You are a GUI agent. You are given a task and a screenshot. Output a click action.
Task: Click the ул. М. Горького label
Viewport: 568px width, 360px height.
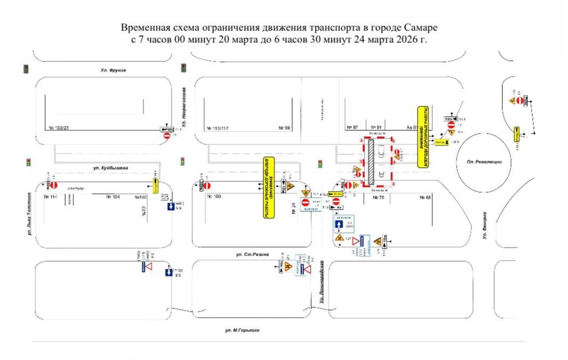coord(242,330)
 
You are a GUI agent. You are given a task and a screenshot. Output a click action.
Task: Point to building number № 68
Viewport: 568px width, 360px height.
coord(425,197)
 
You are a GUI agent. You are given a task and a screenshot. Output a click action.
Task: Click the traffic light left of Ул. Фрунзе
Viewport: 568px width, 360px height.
coord(26,69)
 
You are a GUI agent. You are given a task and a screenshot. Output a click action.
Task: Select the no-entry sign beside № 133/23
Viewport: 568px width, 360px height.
coord(167,135)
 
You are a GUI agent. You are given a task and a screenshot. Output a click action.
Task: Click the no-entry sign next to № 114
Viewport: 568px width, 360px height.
coord(54,186)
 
